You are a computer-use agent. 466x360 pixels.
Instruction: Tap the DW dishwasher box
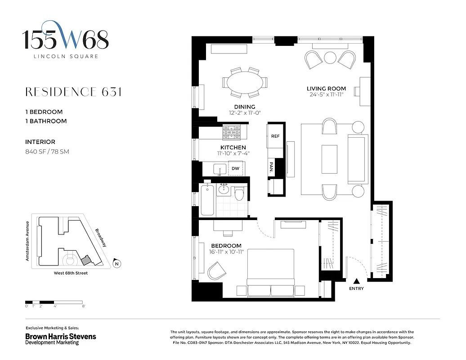coord(236,169)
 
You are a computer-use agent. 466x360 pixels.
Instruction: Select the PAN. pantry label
coord(272,166)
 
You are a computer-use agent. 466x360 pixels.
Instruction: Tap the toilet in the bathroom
coord(239,193)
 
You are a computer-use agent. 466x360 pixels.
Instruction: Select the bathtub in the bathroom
coord(207,198)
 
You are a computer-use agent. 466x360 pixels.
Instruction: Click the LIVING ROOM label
coord(326,89)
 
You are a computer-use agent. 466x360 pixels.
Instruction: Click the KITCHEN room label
coord(233,148)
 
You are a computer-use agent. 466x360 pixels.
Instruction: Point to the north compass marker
coord(116,264)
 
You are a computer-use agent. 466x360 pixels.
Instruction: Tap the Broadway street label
coord(101,238)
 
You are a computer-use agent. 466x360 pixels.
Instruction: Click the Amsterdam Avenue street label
coord(27,241)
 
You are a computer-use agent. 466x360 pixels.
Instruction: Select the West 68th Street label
coord(71,273)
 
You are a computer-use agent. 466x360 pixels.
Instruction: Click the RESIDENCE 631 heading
coord(73,92)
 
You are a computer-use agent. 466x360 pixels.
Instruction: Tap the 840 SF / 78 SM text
coord(47,152)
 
